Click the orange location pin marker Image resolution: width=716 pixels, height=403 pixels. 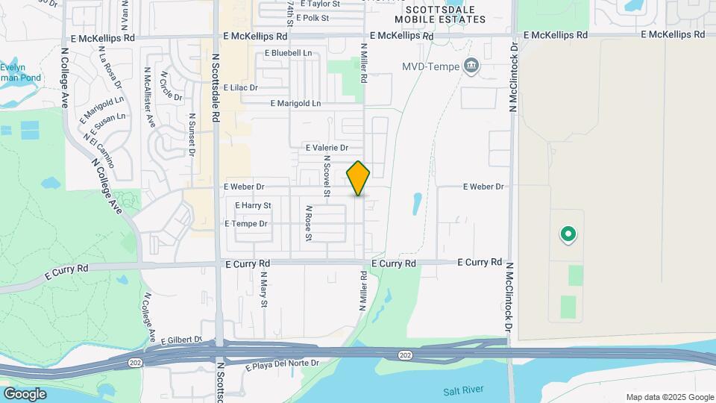(x=359, y=178)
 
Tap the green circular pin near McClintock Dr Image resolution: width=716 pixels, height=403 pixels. (x=568, y=235)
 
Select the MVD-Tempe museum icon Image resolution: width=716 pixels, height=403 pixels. (x=471, y=66)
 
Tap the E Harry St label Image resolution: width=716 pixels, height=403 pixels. (x=253, y=205)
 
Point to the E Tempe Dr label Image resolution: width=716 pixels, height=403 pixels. (x=245, y=224)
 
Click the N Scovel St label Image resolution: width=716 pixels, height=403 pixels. (x=327, y=178)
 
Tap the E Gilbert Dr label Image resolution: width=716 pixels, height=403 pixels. (x=181, y=340)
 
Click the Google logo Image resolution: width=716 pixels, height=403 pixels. (x=25, y=394)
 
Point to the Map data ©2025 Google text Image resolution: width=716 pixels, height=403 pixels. (x=670, y=397)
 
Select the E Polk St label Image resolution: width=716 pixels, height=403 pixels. (x=313, y=17)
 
